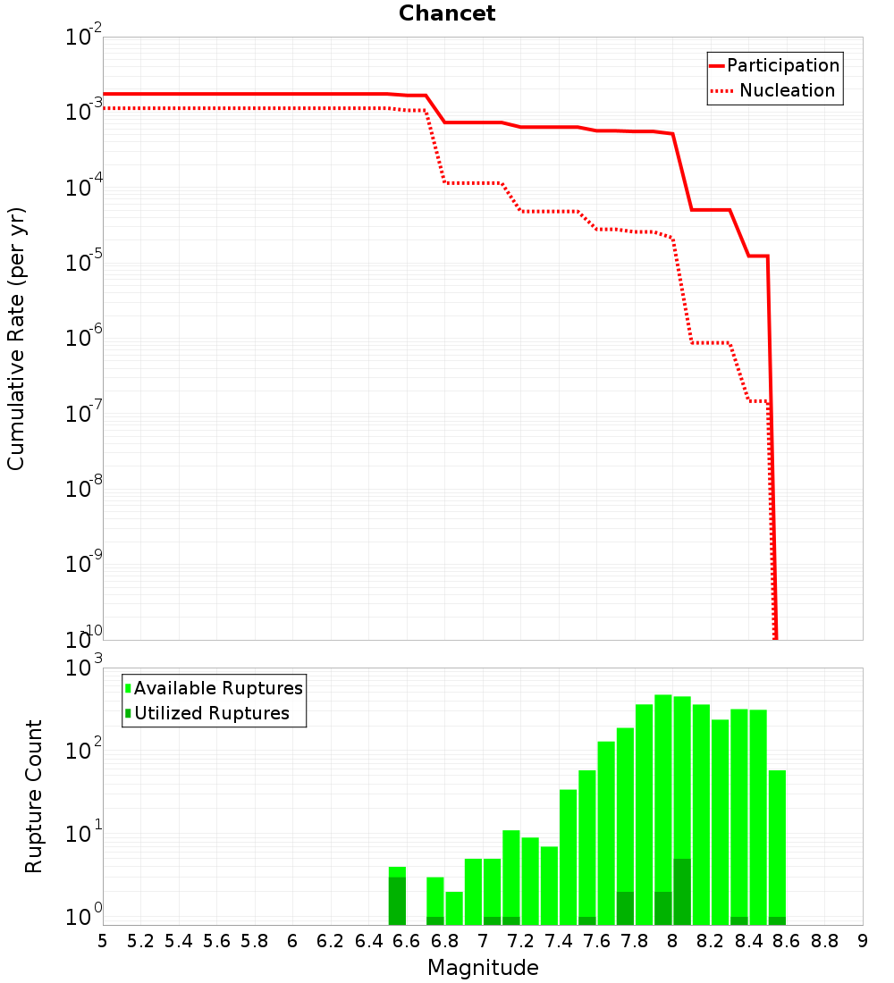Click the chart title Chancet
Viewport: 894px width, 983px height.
point(447,13)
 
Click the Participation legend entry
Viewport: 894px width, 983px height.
point(775,65)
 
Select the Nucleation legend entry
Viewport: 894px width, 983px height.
point(773,90)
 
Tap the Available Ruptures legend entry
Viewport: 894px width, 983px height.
point(214,688)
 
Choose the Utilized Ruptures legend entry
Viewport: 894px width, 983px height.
point(207,713)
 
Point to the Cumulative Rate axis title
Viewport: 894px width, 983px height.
point(16,339)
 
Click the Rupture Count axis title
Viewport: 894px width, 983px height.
point(33,797)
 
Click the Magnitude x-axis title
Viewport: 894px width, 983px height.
point(483,968)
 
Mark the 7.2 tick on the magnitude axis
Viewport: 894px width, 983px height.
point(520,941)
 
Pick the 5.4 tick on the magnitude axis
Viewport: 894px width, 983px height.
point(179,941)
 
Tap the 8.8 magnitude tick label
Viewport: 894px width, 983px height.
point(824,941)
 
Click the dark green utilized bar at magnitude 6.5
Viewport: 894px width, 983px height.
point(397,901)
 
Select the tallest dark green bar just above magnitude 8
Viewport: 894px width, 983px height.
point(682,892)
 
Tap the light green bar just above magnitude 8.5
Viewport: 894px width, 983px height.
point(777,847)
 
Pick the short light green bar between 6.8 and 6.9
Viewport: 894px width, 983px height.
point(454,909)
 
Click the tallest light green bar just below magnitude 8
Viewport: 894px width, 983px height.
point(663,810)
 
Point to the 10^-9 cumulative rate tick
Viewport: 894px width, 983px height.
point(83,562)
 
